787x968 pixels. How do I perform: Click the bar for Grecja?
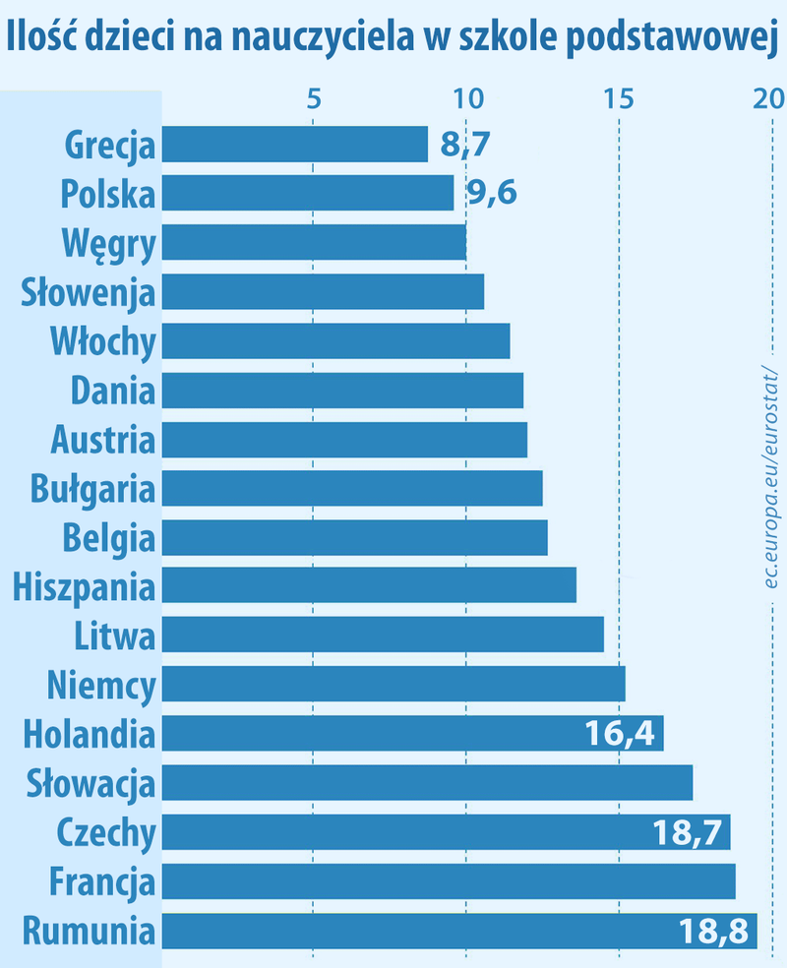point(294,144)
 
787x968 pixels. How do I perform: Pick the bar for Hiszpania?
point(368,586)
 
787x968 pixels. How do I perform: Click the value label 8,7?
point(464,145)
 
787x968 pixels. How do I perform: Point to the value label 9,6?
point(491,193)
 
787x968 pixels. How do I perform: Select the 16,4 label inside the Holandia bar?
point(620,734)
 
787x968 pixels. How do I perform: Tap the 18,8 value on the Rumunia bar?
point(715,932)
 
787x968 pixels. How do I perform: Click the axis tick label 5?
point(314,98)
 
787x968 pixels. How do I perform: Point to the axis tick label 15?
point(618,98)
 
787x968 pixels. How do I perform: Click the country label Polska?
point(107,193)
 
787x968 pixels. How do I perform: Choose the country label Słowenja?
point(89,291)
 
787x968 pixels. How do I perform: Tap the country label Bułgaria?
point(92,488)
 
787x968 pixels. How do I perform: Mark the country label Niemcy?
point(101,685)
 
